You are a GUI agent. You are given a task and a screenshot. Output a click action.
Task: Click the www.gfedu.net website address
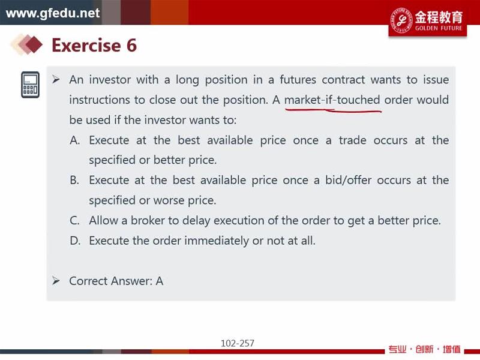53,13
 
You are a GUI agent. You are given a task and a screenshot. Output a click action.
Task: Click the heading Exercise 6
94,45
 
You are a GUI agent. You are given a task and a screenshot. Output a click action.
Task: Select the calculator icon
31,85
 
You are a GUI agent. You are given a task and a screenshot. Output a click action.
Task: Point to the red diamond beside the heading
34,44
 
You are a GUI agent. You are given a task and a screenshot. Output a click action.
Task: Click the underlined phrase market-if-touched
332,100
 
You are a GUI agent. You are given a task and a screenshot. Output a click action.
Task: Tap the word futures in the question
298,80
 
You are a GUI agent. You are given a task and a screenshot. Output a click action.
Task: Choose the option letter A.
74,140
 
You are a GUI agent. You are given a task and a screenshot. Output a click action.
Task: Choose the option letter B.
74,180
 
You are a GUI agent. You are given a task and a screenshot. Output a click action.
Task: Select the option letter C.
74,220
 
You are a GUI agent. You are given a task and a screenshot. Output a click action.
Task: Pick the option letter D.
75,241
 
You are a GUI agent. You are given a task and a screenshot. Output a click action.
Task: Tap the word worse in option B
168,200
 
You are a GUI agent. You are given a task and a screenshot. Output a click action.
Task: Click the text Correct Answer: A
116,281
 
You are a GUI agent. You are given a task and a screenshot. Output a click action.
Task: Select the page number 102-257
238,343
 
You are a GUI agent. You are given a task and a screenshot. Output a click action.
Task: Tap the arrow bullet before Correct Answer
56,281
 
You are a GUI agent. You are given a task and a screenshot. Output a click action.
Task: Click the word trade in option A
352,140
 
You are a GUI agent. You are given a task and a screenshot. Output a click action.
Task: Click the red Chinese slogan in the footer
425,349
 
